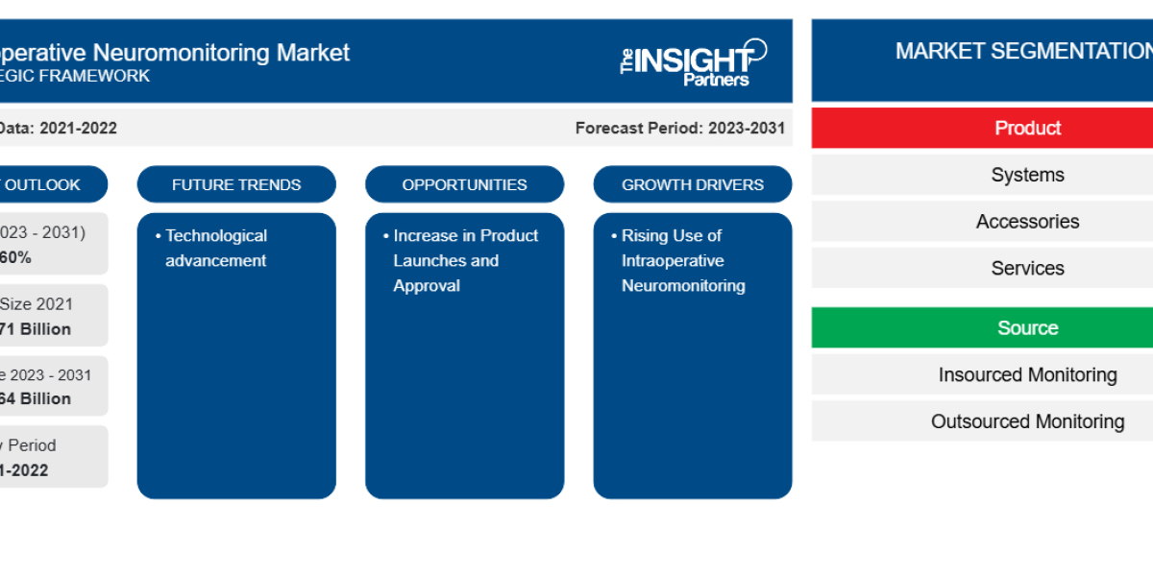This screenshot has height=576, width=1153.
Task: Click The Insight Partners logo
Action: coord(692,62)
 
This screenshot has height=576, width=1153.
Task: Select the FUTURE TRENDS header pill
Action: coord(236,184)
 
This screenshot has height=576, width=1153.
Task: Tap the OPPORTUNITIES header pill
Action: coord(464,184)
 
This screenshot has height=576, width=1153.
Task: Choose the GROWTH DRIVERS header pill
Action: coord(693,184)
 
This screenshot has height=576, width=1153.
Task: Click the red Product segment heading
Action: coord(1027,129)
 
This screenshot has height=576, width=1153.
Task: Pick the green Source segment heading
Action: coord(1027,328)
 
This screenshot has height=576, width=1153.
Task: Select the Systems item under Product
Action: coord(1027,175)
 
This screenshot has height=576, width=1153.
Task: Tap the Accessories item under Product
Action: coord(1027,222)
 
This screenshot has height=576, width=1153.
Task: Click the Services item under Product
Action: coord(1027,269)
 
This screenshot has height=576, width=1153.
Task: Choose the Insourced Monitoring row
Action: coord(1027,375)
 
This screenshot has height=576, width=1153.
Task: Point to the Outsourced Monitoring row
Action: coord(1027,421)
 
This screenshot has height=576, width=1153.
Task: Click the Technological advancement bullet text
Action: coord(216,248)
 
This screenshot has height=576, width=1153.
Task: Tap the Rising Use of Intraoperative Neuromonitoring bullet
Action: coord(682,260)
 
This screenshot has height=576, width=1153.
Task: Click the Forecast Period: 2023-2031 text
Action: coord(680,128)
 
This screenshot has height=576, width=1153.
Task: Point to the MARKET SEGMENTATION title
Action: coord(1023,52)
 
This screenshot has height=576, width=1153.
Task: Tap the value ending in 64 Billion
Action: coord(37,398)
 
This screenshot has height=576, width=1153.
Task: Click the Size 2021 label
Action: coord(37,304)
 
